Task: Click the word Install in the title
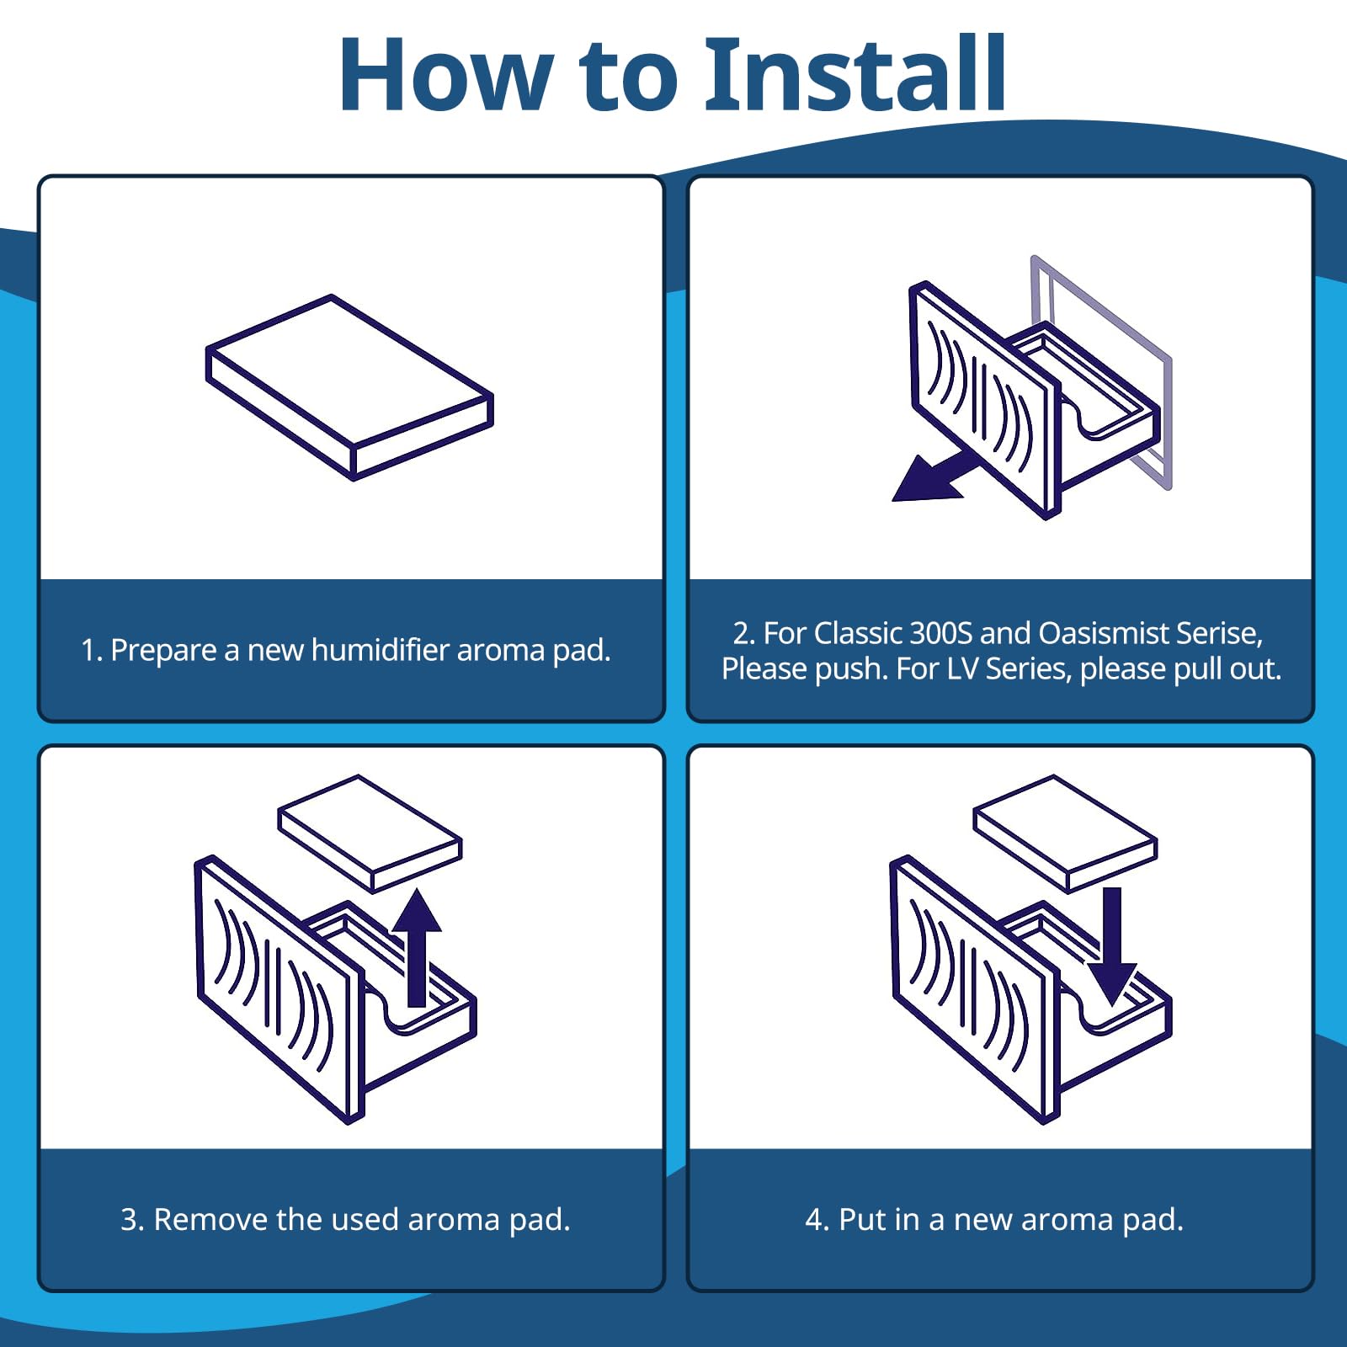(x=856, y=74)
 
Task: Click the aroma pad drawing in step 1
(x=349, y=387)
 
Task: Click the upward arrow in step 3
(x=417, y=947)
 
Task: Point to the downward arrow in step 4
(x=1112, y=947)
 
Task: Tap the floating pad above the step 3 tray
(x=370, y=833)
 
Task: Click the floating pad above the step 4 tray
(x=1066, y=833)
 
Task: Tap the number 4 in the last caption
(x=814, y=1220)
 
